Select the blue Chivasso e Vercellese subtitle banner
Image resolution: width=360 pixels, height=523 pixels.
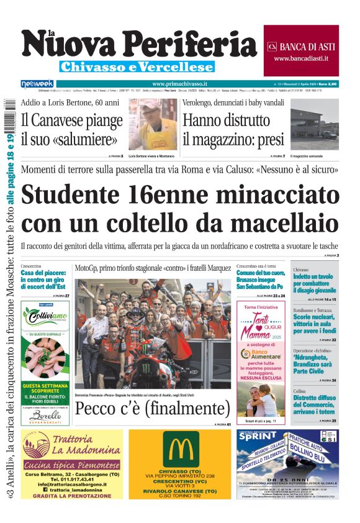(137, 67)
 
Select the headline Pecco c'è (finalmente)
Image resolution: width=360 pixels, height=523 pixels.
(152, 408)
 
